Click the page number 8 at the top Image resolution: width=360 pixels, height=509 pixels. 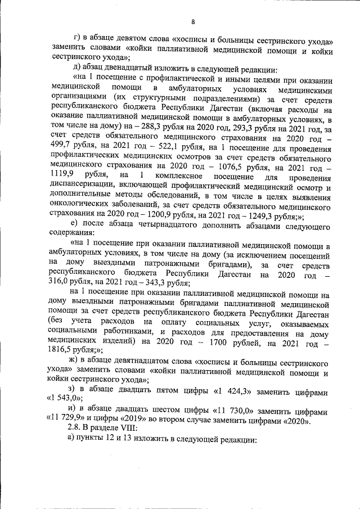(192, 22)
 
